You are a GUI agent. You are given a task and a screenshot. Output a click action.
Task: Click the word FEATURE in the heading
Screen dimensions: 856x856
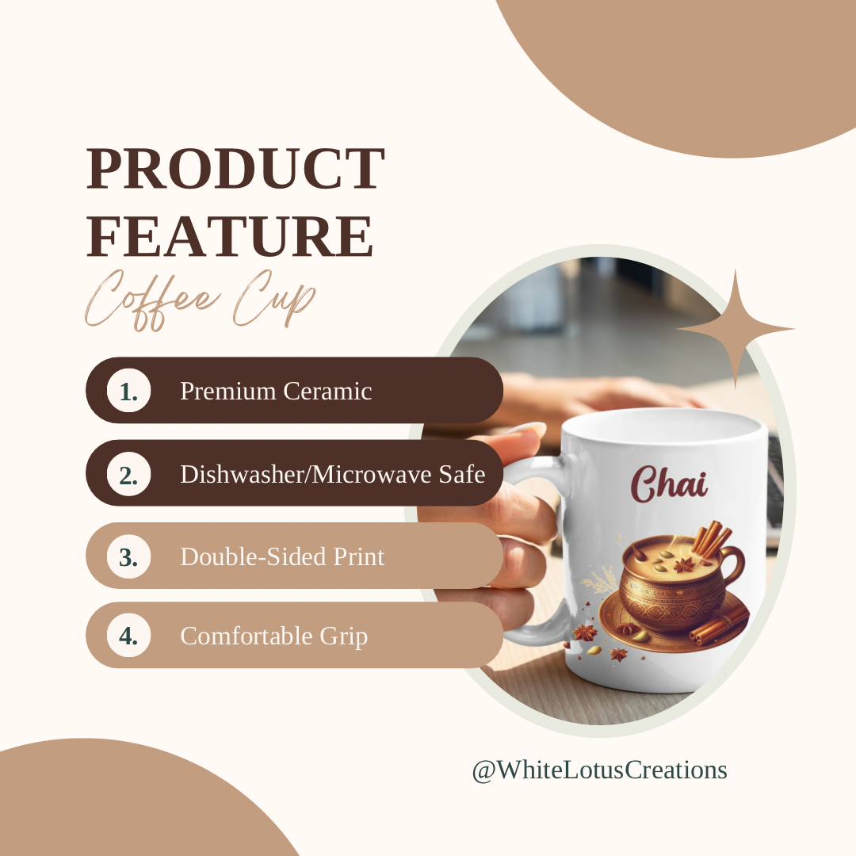230,236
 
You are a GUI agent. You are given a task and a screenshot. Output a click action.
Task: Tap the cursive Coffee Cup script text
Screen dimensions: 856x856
200,300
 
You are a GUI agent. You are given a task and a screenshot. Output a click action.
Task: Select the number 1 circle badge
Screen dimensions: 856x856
129,391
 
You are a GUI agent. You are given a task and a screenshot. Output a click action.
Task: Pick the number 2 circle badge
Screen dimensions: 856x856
129,474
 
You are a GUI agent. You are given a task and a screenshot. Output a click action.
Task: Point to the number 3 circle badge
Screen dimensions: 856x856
129,556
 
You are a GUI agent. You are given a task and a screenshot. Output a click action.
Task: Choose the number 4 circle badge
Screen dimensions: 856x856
129,636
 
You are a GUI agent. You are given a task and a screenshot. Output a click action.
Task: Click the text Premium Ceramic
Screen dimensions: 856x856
277,391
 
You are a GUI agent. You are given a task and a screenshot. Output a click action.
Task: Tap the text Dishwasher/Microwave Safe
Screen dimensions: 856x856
333,474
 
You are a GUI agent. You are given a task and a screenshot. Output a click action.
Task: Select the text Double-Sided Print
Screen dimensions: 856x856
282,556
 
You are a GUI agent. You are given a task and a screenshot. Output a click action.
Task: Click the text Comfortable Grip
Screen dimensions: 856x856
274,636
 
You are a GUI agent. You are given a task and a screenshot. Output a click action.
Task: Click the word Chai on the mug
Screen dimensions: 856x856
669,483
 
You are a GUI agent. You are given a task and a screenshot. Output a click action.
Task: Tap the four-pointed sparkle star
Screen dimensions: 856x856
736,329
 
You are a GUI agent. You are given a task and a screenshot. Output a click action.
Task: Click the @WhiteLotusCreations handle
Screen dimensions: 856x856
599,770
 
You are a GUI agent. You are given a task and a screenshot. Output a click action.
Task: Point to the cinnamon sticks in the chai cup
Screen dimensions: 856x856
712,537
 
